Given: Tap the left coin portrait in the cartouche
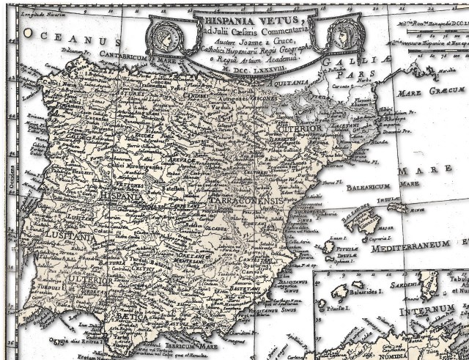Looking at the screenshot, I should tap(166, 34).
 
